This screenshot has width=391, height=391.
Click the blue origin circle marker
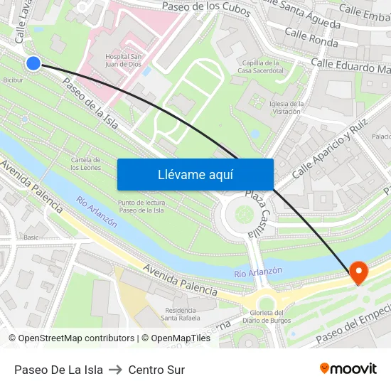33,63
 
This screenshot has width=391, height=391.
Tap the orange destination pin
358,272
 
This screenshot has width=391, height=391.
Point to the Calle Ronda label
311,38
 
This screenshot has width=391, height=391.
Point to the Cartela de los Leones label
85,164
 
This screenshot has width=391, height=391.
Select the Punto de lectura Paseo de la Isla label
141,206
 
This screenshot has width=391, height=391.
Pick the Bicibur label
13,80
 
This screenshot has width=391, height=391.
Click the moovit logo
348,368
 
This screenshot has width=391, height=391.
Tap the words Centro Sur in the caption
156,370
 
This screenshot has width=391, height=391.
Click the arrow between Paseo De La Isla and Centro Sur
115,370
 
